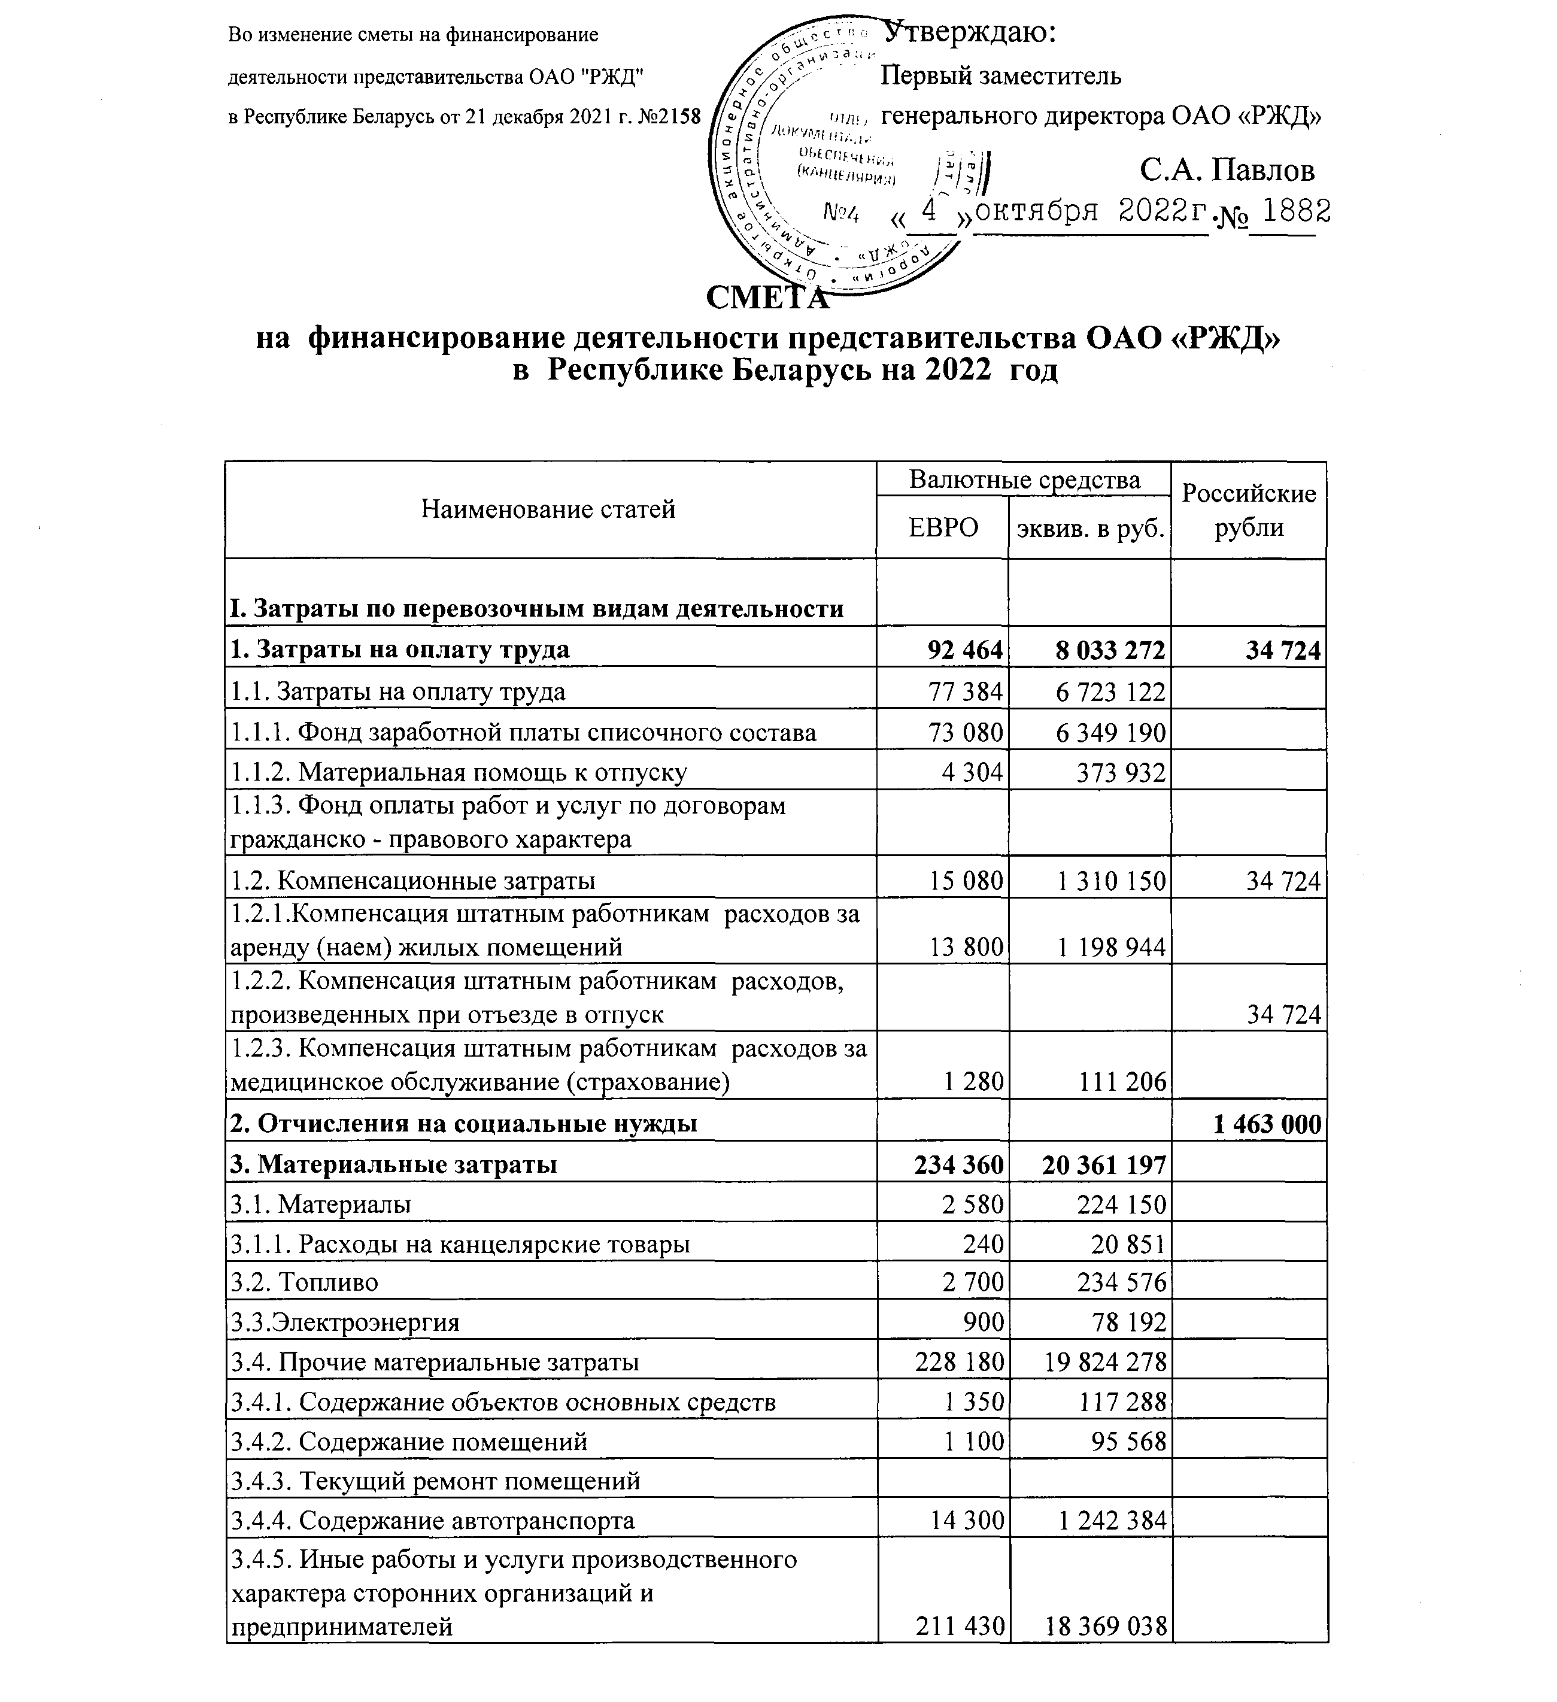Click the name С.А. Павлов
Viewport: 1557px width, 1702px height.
(1226, 171)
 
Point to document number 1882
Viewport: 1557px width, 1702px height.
(1292, 211)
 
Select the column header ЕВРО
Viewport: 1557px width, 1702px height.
(943, 527)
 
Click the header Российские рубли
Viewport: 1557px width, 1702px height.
(1248, 510)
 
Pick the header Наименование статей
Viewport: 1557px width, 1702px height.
(549, 509)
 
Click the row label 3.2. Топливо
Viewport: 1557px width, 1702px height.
(305, 1282)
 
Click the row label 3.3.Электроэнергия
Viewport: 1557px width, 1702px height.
(345, 1322)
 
